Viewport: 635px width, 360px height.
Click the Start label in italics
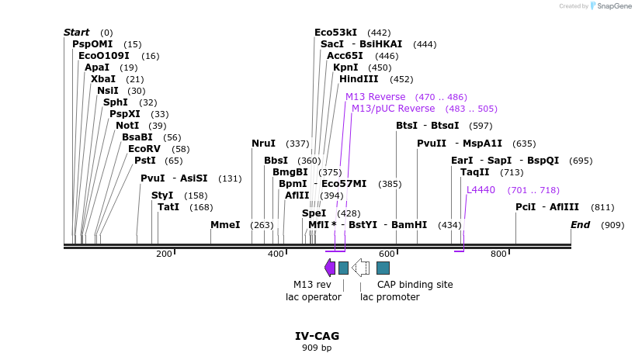[77, 33]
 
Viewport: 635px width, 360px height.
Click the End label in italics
[580, 225]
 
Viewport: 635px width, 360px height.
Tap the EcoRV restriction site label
[144, 149]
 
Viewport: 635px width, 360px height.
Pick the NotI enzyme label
[127, 126]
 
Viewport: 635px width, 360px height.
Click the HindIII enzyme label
[359, 79]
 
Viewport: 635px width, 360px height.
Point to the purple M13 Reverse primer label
[376, 97]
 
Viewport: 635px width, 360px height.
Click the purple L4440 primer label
[481, 190]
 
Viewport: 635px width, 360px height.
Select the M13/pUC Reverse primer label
[393, 109]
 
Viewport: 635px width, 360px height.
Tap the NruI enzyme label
[263, 144]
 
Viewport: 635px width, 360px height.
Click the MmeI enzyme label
[225, 225]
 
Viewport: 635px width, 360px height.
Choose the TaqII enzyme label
[475, 172]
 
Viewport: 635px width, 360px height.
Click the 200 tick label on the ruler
[164, 254]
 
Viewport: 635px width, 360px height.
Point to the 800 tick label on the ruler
[498, 254]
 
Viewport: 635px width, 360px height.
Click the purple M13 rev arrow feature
[330, 268]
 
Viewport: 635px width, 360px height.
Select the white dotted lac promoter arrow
[360, 268]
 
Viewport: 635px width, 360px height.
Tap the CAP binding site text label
[415, 285]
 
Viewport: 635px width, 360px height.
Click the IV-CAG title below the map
[317, 336]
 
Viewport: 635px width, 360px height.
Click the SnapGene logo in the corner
[612, 6]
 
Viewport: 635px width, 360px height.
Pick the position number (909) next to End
[612, 225]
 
